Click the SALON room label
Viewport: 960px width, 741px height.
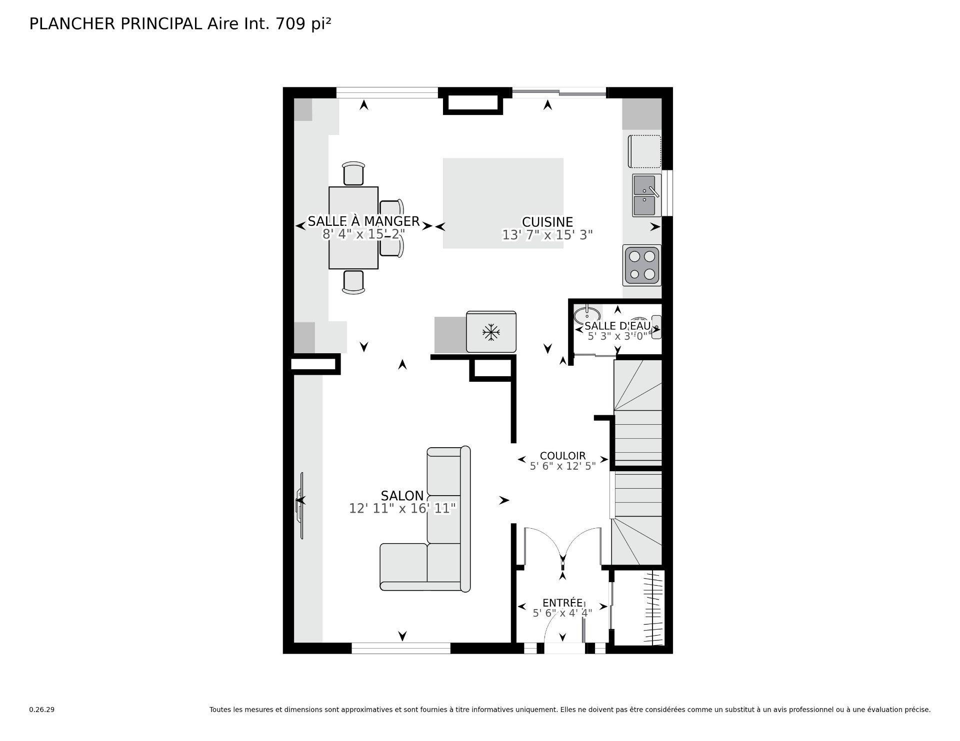pos(402,496)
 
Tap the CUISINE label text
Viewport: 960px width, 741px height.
pos(547,222)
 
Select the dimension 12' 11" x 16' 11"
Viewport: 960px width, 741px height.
pos(402,509)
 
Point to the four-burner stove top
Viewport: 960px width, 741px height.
pos(642,265)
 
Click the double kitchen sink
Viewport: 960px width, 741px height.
pos(646,195)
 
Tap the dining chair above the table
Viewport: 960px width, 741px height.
pos(354,174)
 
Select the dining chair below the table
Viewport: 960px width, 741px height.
pos(353,281)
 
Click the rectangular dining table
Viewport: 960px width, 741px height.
pos(353,228)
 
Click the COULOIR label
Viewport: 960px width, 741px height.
pos(562,456)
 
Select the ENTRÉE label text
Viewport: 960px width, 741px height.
pos(562,603)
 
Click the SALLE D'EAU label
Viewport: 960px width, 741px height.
pos(617,326)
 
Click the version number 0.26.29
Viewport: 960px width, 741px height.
pos(41,710)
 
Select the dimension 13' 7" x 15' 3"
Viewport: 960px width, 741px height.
pos(547,235)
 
